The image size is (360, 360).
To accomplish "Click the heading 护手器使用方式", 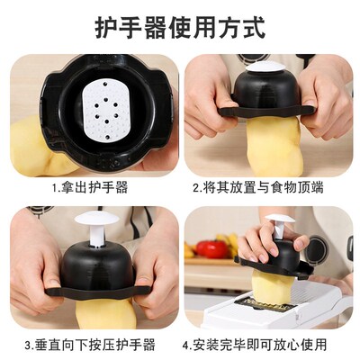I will point(180,28).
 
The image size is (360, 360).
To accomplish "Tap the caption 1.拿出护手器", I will point(89,188).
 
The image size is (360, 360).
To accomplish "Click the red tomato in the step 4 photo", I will point(211,249).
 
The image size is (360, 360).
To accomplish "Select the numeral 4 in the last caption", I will point(186,344).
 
